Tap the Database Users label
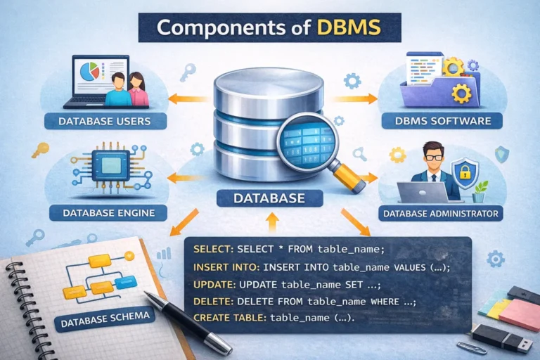click(x=106, y=122)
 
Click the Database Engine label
click(x=105, y=211)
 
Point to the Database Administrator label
click(x=439, y=212)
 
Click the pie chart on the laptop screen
click(x=90, y=70)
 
